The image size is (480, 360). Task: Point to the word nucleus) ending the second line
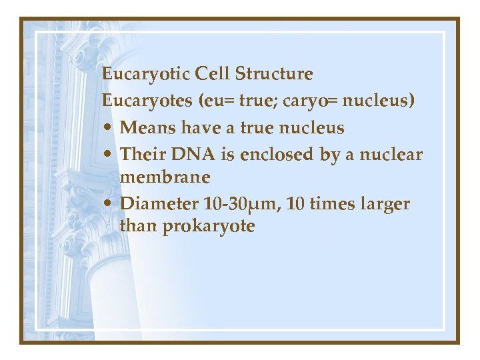click(x=384, y=101)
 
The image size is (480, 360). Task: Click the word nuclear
click(x=393, y=155)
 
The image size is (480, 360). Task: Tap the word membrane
click(x=165, y=177)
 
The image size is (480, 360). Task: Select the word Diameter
click(x=159, y=203)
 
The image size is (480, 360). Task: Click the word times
click(x=329, y=203)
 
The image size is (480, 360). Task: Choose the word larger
click(x=385, y=204)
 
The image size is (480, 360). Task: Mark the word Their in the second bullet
click(x=142, y=155)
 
